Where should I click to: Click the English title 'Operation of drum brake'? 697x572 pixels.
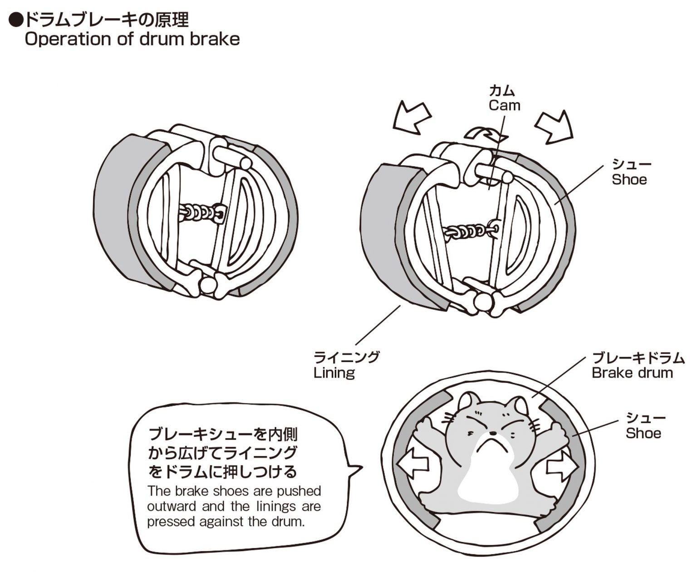pos(132,39)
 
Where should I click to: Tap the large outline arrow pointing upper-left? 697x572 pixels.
pos(411,117)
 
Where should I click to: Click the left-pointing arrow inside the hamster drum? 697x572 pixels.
pos(412,465)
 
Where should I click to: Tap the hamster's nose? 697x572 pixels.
pos(493,433)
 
